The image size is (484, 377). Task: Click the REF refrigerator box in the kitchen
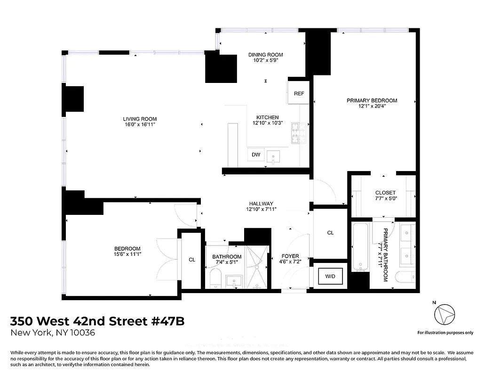299,93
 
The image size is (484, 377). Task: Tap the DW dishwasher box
256,155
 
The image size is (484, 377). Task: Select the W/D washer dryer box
330,276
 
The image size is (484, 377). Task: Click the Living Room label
140,119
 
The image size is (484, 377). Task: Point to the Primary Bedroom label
372,100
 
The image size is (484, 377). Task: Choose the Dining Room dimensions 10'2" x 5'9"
266,61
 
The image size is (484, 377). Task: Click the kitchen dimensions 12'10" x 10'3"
267,123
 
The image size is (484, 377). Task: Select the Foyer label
290,256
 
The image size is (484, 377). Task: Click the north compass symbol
445,314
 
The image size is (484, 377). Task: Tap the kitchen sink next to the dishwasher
273,156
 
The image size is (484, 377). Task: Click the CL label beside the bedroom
192,259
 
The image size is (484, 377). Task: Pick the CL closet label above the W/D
330,233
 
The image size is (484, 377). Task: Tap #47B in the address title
167,321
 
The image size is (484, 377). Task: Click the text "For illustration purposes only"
445,333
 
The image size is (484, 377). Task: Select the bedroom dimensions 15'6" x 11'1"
127,254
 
